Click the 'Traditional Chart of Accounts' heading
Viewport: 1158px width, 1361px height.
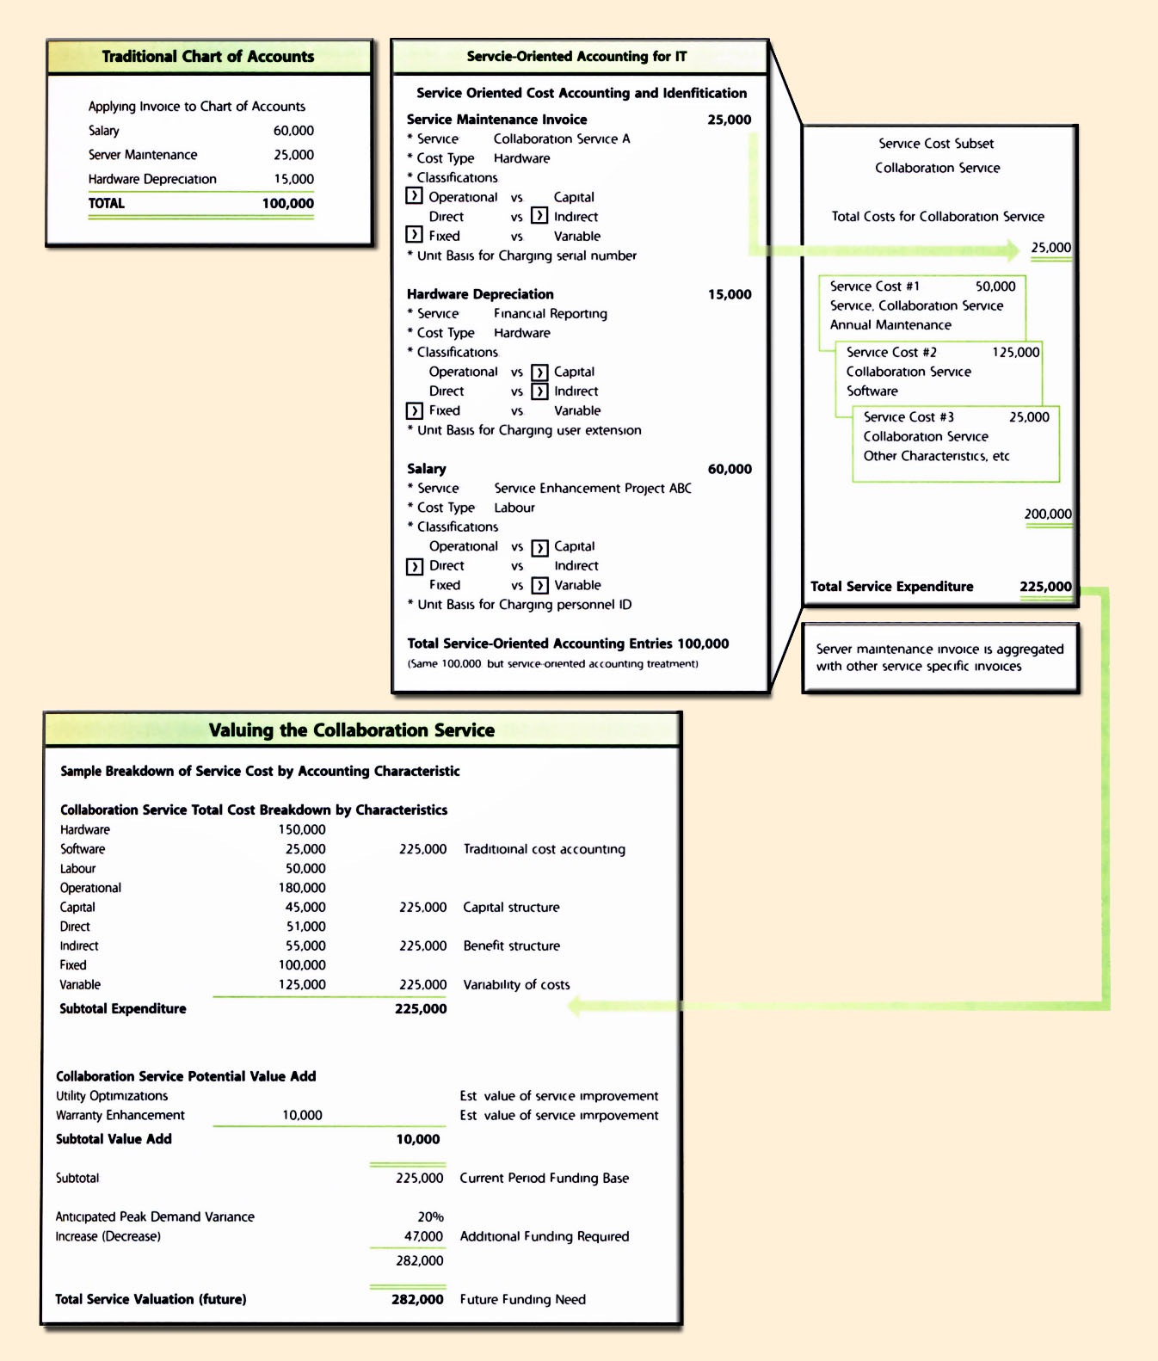(208, 57)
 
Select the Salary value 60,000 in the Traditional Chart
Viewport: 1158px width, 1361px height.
(293, 131)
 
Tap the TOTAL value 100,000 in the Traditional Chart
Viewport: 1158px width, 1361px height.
(287, 204)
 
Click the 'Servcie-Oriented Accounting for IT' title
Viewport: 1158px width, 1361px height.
(576, 57)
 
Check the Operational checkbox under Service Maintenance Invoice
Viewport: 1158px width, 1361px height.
(414, 196)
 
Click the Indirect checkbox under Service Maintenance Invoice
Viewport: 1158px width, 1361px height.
(539, 216)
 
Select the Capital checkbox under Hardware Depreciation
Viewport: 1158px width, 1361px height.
(539, 373)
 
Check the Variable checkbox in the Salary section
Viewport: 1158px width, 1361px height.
(539, 586)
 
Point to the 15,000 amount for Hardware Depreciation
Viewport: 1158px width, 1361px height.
(730, 294)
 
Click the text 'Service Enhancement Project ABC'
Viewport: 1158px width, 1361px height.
(593, 489)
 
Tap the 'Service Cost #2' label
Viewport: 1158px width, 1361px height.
(891, 353)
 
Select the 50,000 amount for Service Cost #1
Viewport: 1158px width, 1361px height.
(995, 286)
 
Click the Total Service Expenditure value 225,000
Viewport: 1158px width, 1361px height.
(1045, 587)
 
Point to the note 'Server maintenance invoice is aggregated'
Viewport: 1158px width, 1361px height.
(939, 650)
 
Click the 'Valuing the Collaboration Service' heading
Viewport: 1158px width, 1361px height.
(351, 730)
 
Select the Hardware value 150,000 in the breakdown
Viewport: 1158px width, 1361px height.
(301, 830)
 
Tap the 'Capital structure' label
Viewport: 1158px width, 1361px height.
(511, 908)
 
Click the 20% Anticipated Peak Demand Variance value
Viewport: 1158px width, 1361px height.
(430, 1217)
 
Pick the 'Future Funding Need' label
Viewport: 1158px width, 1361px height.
(522, 1300)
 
